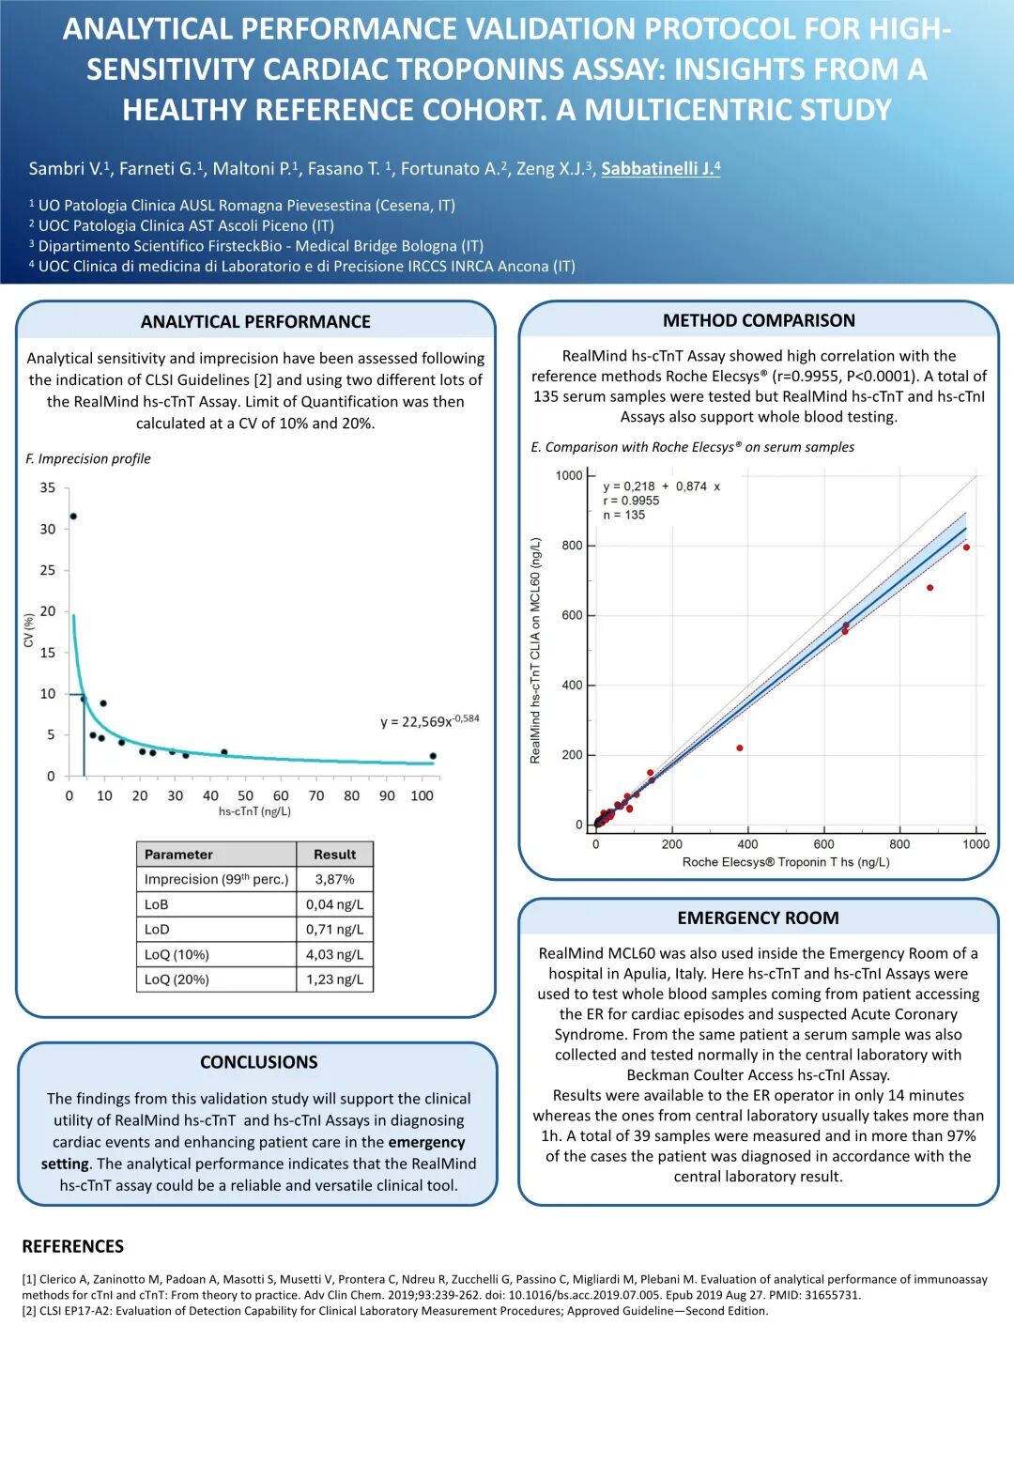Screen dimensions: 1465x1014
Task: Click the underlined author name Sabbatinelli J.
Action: coord(660,169)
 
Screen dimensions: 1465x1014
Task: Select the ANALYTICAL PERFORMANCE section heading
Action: coord(255,322)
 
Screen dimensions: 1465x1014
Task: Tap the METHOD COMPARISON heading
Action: coord(759,321)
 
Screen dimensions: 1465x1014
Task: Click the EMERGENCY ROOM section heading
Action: coord(758,918)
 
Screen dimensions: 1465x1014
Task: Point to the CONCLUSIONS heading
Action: coord(258,1062)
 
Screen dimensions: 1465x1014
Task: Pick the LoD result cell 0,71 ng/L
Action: coord(334,930)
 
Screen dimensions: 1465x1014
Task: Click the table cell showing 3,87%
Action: coord(334,880)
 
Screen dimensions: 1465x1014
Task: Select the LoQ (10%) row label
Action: coord(177,955)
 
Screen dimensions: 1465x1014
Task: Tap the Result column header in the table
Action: coord(334,855)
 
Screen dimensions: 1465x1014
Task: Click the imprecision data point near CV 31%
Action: coord(73,517)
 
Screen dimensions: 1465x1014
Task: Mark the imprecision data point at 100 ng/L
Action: coord(433,756)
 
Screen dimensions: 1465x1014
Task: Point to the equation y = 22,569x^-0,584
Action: coord(429,721)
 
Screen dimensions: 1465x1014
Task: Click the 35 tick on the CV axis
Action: coord(48,488)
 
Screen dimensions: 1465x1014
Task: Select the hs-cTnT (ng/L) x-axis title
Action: coord(254,811)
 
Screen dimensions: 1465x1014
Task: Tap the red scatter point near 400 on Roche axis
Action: coord(740,748)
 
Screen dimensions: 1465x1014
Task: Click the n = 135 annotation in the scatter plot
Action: coord(623,516)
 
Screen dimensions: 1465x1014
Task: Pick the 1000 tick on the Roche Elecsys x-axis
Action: coord(976,844)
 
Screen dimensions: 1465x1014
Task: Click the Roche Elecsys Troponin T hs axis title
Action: coord(786,862)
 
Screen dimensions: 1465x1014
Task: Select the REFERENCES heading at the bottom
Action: coord(73,1247)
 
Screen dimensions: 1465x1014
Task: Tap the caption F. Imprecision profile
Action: coord(88,459)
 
